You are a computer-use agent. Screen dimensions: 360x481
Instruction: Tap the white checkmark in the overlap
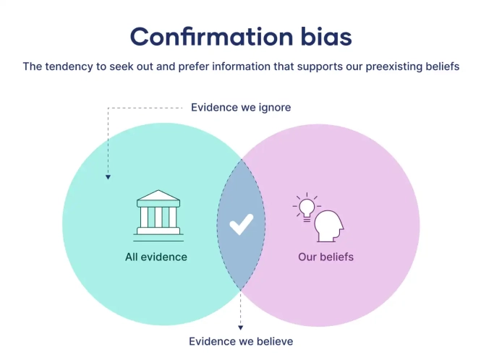tap(241, 225)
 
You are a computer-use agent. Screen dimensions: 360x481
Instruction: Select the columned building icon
tap(158, 214)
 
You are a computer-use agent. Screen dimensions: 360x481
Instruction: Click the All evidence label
tap(156, 257)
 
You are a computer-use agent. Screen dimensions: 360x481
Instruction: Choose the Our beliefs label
tap(325, 257)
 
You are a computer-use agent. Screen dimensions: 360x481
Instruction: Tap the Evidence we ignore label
tap(241, 108)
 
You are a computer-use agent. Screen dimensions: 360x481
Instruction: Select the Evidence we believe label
tap(241, 341)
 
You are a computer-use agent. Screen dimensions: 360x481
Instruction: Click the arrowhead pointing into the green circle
tap(108, 176)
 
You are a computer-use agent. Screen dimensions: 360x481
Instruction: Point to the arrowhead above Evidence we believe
tap(241, 327)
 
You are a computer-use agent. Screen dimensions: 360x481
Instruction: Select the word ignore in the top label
tap(274, 108)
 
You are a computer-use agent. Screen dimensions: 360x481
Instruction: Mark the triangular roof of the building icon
tap(158, 198)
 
